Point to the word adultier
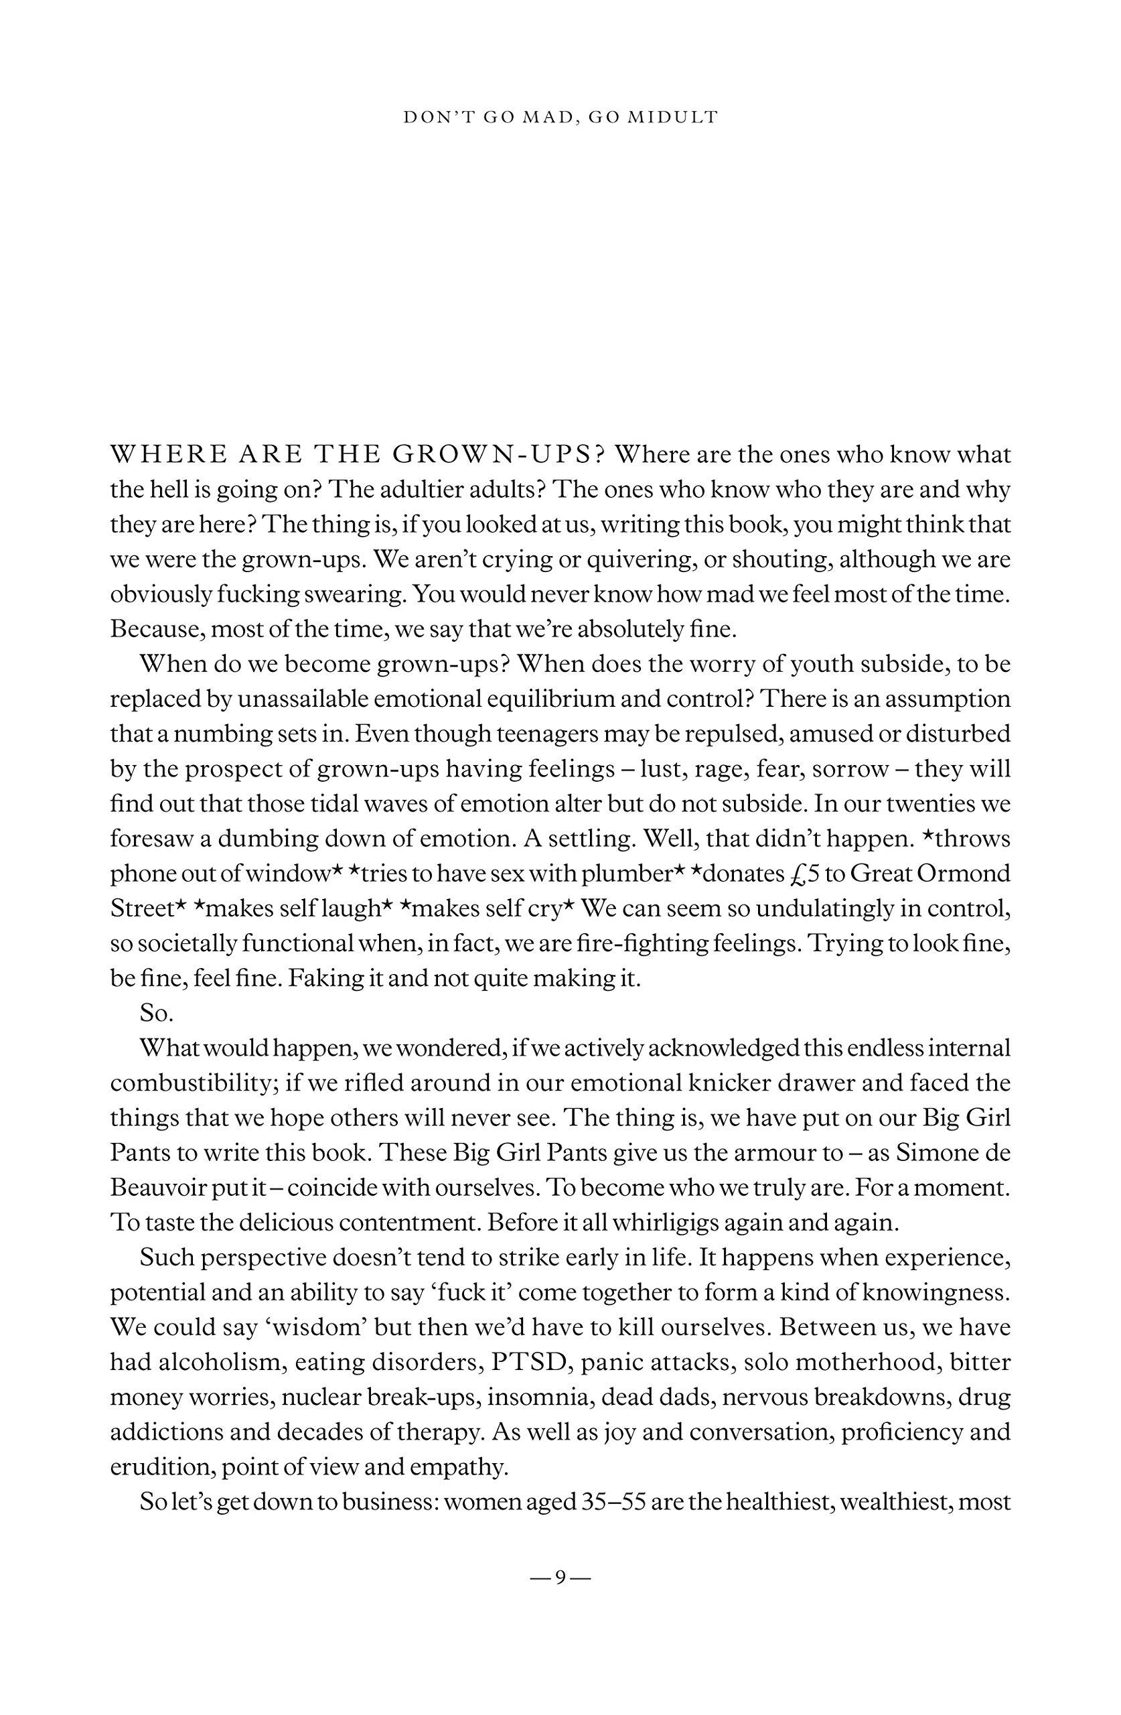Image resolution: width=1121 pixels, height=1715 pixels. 406,490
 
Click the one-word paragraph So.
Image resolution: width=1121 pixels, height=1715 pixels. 156,1013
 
